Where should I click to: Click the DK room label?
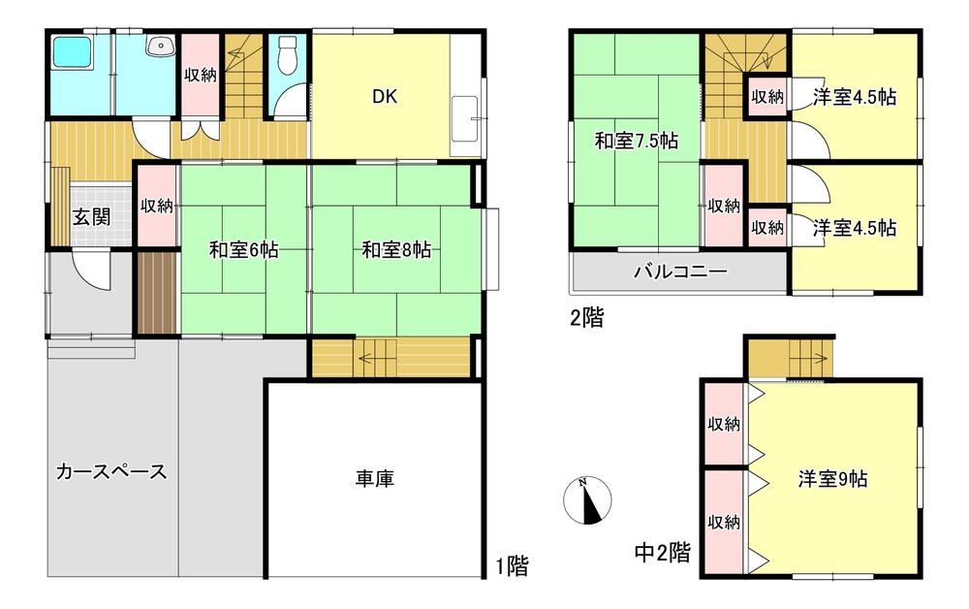pyautogui.click(x=385, y=96)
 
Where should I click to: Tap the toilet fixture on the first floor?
pyautogui.click(x=288, y=54)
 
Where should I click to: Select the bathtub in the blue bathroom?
pyautogui.click(x=73, y=51)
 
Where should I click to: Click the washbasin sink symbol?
pyautogui.click(x=161, y=46)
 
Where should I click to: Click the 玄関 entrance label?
pyautogui.click(x=91, y=217)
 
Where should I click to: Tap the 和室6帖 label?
pyautogui.click(x=243, y=250)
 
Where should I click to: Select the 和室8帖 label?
pyautogui.click(x=396, y=250)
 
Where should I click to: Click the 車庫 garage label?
pyautogui.click(x=374, y=478)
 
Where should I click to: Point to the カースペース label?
pyautogui.click(x=111, y=471)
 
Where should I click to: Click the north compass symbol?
pyautogui.click(x=588, y=500)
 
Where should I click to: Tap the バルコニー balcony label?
pyautogui.click(x=680, y=272)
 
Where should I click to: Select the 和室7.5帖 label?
pyautogui.click(x=637, y=141)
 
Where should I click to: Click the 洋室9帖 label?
pyautogui.click(x=832, y=478)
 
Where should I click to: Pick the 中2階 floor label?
pyautogui.click(x=663, y=552)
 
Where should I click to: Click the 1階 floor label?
pyautogui.click(x=513, y=565)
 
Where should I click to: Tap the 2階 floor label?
pyautogui.click(x=586, y=318)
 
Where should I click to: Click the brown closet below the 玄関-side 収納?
pyautogui.click(x=157, y=292)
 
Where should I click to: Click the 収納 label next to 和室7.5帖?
pyautogui.click(x=724, y=206)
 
